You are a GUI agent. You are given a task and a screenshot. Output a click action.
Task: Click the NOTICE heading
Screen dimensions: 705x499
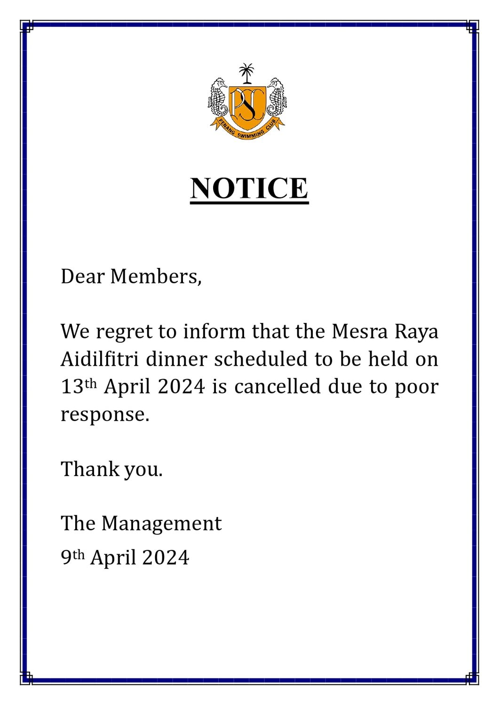coord(249,188)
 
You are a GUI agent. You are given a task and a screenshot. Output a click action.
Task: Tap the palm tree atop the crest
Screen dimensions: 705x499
coord(246,73)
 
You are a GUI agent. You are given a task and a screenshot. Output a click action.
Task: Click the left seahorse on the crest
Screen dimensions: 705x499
coord(218,98)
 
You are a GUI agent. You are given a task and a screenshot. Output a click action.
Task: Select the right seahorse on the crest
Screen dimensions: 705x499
coord(277,98)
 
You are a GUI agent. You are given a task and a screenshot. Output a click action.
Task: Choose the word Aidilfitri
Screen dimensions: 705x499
coord(100,359)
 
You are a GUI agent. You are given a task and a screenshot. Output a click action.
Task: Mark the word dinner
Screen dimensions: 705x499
coord(176,359)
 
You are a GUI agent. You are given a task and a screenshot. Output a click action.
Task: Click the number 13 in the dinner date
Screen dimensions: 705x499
coord(72,387)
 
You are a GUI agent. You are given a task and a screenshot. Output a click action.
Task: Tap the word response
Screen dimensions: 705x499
coord(104,415)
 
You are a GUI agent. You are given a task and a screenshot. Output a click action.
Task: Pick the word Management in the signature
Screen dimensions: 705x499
coord(161,524)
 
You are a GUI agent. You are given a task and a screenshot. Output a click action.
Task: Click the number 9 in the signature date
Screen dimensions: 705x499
coord(66,557)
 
